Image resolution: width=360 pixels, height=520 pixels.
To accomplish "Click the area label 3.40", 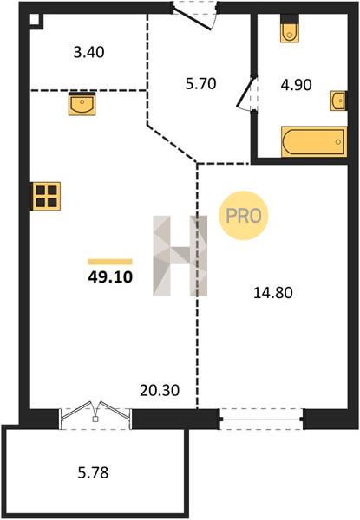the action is tap(89, 52).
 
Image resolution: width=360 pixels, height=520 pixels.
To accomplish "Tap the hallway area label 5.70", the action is tap(200, 84).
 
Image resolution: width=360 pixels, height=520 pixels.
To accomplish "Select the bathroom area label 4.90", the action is tap(296, 85).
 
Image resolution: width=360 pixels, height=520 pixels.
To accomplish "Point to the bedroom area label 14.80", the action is tap(273, 293).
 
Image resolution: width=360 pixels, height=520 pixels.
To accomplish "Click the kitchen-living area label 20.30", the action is tap(160, 390).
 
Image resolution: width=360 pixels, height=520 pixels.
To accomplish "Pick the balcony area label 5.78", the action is tap(93, 472).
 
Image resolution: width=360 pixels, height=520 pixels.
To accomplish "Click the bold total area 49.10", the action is tap(110, 277).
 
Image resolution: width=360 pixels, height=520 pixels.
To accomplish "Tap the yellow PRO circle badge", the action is tap(243, 216).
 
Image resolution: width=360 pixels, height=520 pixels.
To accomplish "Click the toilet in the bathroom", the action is tap(290, 29).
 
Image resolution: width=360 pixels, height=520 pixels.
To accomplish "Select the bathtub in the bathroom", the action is tap(314, 141).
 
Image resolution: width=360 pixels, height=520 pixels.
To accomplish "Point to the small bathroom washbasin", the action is tap(338, 101).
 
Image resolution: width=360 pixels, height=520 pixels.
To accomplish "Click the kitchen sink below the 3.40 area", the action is tap(82, 104).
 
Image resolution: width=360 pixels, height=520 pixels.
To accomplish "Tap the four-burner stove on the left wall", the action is tap(46, 197).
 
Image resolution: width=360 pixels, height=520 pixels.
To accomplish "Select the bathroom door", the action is tap(247, 93).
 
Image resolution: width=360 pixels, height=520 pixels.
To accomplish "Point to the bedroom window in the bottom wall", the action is tap(261, 419).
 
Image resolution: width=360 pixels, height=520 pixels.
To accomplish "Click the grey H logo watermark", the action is tap(180, 256).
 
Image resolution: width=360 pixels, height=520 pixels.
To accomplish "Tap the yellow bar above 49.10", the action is tap(110, 262).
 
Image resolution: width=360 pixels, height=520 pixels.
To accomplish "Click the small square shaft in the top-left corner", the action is tap(36, 21).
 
